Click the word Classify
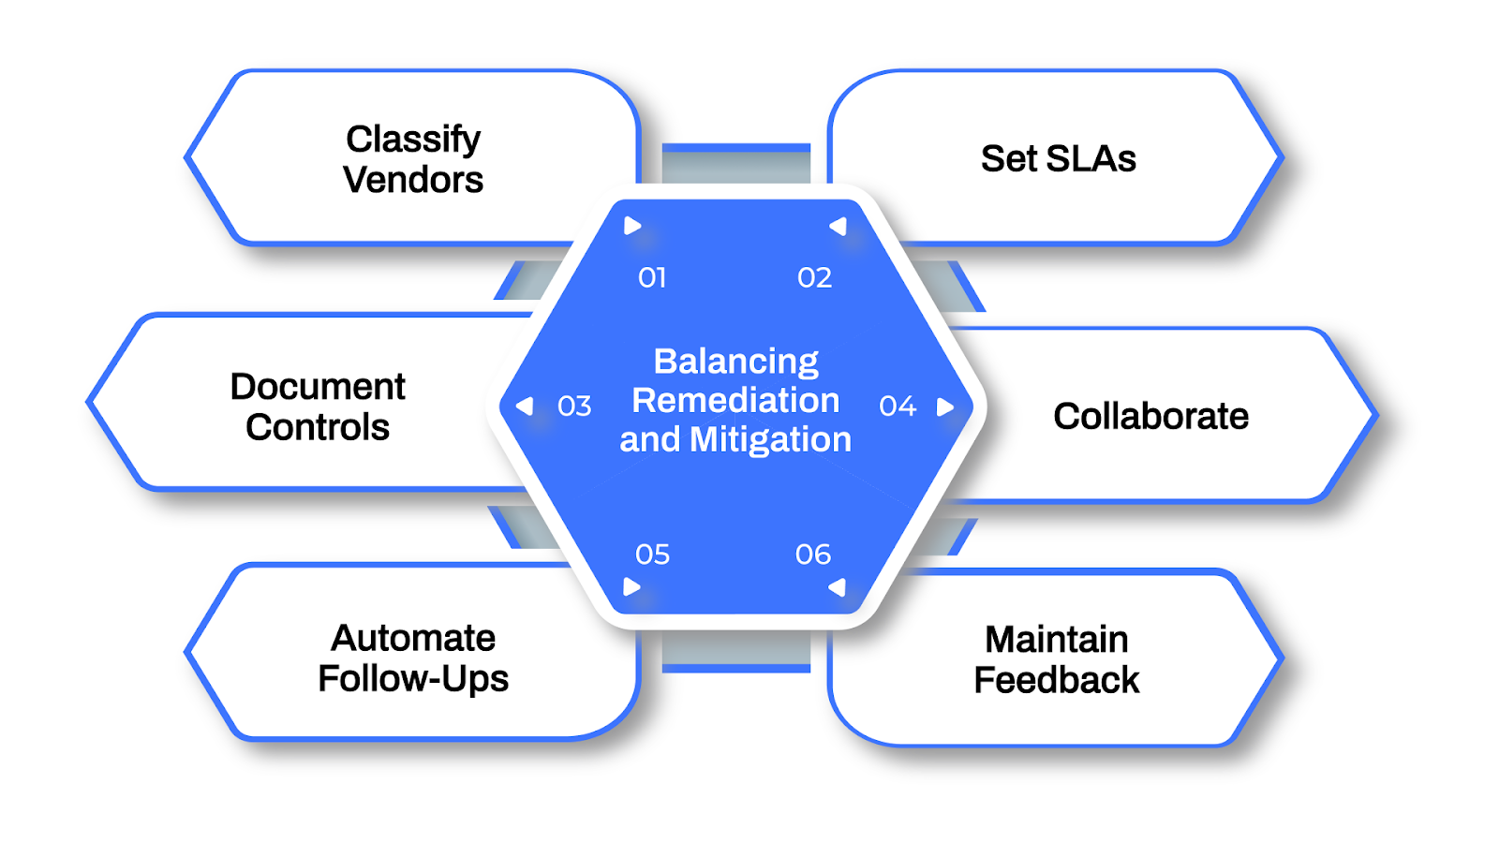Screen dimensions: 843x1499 point(413,140)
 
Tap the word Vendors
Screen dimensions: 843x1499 point(413,180)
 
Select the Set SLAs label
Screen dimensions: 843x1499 point(1058,159)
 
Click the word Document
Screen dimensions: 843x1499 point(318,387)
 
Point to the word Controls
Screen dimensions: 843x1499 point(318,428)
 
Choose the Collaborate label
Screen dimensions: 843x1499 point(1150,416)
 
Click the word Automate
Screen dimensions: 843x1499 point(413,638)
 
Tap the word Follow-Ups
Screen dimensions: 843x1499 point(413,679)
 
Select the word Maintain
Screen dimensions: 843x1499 point(1057,640)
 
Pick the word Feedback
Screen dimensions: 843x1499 point(1057,681)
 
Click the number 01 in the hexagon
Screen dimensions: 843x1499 point(652,278)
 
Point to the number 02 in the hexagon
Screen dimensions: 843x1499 point(814,278)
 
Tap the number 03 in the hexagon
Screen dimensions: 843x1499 point(574,407)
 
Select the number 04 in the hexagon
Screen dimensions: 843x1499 point(897,407)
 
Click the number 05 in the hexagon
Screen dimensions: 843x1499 point(652,555)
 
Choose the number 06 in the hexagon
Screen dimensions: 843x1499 point(813,555)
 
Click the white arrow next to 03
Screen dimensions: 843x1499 point(526,407)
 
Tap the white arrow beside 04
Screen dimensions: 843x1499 point(945,407)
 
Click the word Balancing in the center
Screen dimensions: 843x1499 point(735,362)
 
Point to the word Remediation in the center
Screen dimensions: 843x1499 point(735,401)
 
